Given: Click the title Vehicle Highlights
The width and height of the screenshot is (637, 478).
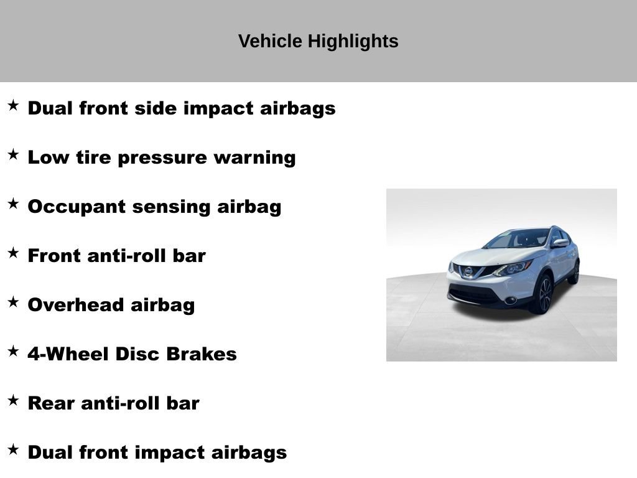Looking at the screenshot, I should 318,42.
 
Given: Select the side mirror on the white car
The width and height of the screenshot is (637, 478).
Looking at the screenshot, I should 560,243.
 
